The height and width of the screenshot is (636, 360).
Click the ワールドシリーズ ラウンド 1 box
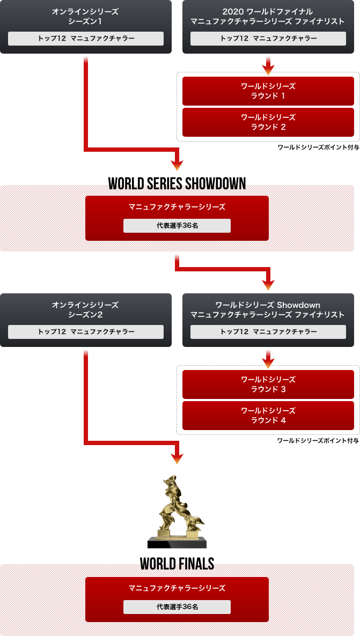(x=268, y=91)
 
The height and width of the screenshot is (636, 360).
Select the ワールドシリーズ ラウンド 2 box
(x=268, y=122)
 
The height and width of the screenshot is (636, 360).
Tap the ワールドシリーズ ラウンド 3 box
(x=268, y=384)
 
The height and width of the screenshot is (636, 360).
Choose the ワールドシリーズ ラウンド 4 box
(x=268, y=415)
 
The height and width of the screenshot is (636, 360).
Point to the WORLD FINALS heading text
(x=178, y=565)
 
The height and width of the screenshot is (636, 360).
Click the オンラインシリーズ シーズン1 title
(x=85, y=16)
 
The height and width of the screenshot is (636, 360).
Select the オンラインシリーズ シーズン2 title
(x=85, y=309)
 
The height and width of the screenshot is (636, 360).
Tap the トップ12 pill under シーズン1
(x=86, y=39)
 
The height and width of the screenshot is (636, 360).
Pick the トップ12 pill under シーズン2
(x=86, y=332)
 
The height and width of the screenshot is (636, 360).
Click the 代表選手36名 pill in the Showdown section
(x=177, y=226)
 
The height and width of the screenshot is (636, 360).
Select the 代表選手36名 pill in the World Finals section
(x=177, y=607)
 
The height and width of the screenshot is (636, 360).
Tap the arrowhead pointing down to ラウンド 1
(x=269, y=69)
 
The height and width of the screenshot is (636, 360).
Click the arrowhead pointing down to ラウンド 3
(x=269, y=363)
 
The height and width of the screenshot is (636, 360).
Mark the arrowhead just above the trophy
(x=177, y=458)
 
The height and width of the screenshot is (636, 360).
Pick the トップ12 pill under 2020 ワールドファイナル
(x=268, y=39)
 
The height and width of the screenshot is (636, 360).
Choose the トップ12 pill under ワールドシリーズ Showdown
(x=268, y=332)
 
